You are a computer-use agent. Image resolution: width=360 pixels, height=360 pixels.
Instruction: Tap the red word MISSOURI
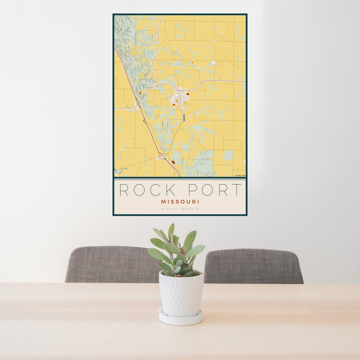coord(180,202)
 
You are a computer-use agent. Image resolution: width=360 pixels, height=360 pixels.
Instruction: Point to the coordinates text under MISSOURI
coord(180,209)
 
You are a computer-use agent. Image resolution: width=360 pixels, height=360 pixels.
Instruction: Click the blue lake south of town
coord(184,118)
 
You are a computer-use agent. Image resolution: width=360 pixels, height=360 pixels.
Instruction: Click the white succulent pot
coord(181,294)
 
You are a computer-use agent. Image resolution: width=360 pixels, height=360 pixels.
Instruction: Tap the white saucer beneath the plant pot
coord(181,318)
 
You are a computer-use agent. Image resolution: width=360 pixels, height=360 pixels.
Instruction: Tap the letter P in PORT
coord(196,190)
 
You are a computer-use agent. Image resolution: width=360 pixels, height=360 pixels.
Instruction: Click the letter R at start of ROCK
coord(124,190)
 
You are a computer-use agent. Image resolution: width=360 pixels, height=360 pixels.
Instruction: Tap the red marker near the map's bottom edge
coord(173,162)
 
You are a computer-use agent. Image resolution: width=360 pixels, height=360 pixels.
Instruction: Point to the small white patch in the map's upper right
coord(213,63)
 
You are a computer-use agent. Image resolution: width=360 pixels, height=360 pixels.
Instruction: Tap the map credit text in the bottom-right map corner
coord(239,176)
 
